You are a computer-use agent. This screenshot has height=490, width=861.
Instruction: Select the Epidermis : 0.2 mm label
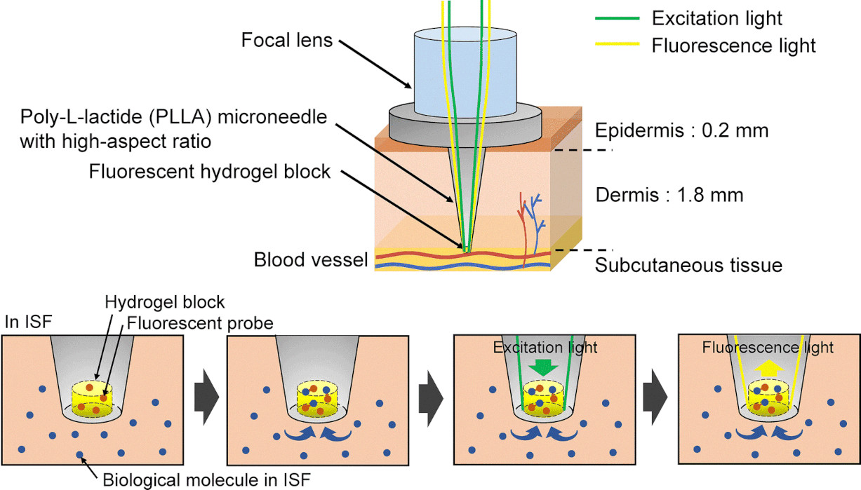pos(682,130)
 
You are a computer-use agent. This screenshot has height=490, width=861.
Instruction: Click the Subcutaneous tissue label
pos(688,265)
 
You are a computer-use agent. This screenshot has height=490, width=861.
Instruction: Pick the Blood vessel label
pos(311,261)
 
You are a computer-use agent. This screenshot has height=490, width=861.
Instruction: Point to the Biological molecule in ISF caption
pos(204,481)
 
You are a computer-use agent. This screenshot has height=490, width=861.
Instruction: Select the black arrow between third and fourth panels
pos(656,396)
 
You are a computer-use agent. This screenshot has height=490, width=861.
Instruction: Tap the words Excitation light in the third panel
pos(545,348)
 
